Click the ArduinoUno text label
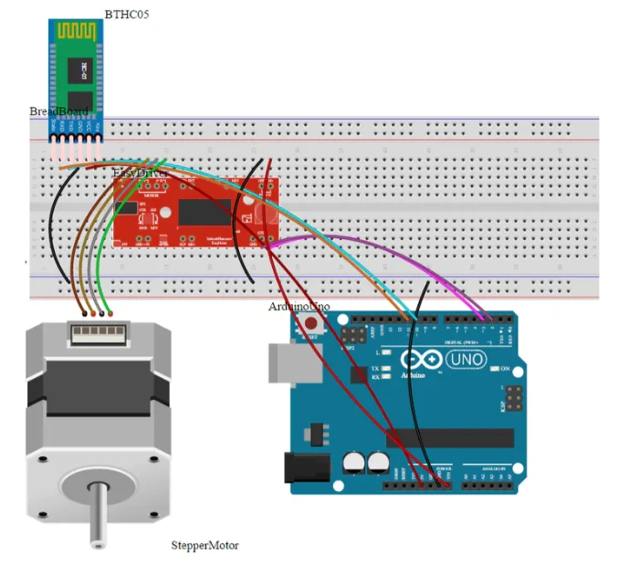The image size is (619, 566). pyautogui.click(x=299, y=307)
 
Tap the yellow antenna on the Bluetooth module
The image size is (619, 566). pyautogui.click(x=79, y=31)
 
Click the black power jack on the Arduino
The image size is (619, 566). pyautogui.click(x=307, y=468)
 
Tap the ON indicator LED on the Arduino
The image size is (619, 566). pyautogui.click(x=493, y=369)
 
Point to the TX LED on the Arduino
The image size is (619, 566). pyautogui.click(x=386, y=369)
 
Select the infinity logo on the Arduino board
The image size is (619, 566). pyautogui.click(x=416, y=359)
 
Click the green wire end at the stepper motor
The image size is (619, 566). pyautogui.click(x=110, y=313)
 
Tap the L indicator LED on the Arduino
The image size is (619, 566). pyautogui.click(x=386, y=351)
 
